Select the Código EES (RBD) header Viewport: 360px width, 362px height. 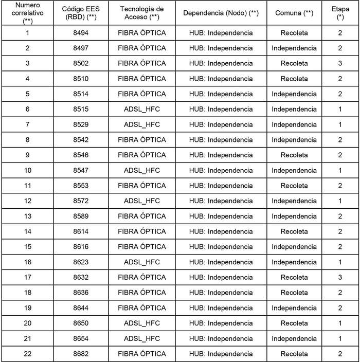80,13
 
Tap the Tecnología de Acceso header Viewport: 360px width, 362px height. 141,13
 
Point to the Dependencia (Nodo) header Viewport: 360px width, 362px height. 221,13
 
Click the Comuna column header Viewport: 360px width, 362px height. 294,13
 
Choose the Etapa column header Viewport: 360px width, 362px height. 340,13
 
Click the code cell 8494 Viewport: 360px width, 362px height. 80,33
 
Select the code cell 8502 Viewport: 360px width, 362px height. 80,63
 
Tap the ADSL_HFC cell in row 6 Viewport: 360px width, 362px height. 141,109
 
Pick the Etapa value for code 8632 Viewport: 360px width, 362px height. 340,277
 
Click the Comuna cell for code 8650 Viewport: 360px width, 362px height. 294,323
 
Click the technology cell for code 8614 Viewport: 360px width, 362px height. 141,231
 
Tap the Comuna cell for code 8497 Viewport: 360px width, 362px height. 294,48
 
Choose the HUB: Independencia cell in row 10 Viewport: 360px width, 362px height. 221,170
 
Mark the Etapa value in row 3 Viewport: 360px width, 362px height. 340,63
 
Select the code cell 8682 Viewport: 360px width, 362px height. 80,354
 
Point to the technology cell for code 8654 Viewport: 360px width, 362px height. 141,338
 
